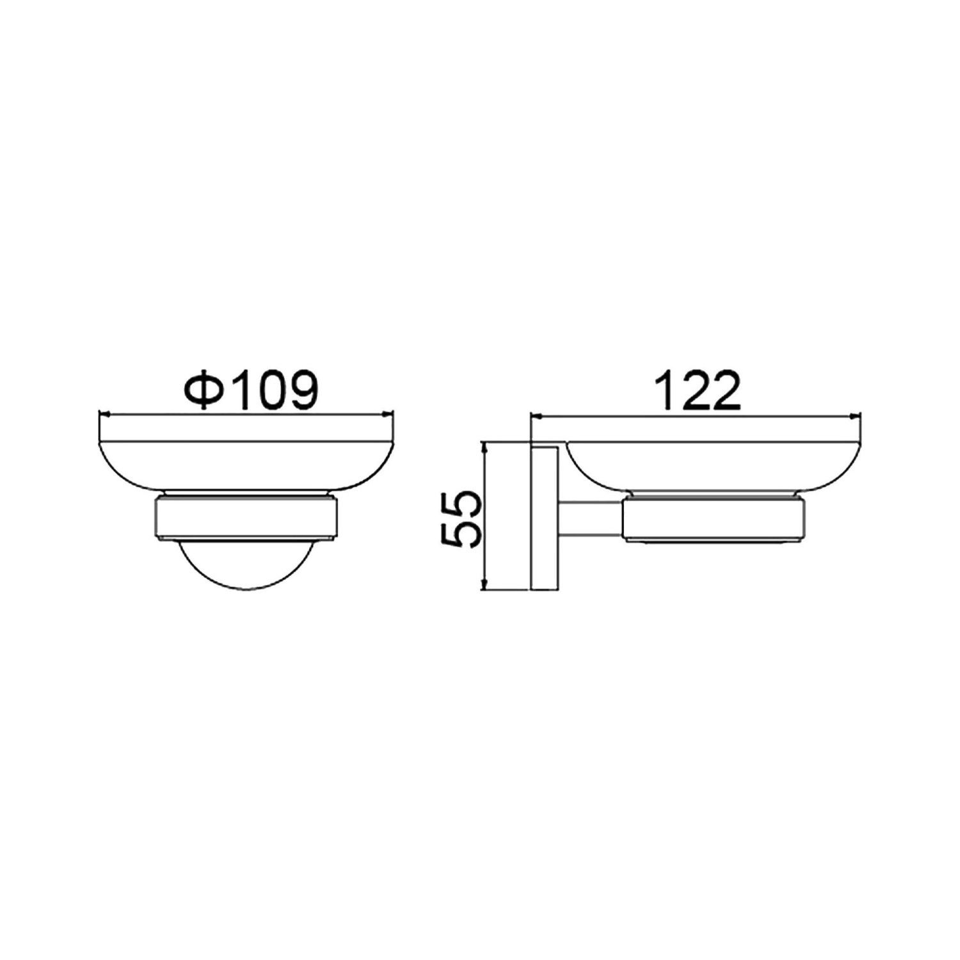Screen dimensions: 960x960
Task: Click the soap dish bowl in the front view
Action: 246,468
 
